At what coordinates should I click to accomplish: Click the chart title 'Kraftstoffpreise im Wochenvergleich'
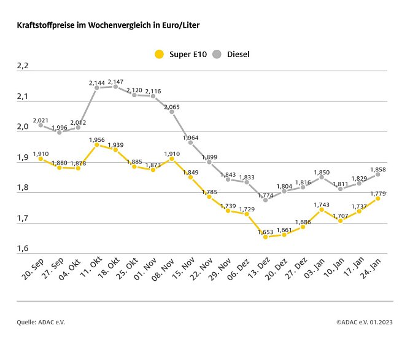point(108,26)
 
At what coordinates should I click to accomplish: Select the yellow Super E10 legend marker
point(159,54)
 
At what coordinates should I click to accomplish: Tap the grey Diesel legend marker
point(216,54)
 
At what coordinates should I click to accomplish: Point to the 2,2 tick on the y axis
point(23,66)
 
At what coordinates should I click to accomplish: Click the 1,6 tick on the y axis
point(23,248)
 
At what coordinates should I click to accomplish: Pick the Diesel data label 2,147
point(116,81)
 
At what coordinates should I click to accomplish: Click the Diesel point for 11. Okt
point(97,88)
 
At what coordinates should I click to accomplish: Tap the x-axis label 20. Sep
point(31,270)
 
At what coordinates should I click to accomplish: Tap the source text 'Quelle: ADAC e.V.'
point(40,322)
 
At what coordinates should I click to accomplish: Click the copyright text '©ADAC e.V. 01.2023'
point(365,322)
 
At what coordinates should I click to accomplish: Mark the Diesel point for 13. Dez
point(265,200)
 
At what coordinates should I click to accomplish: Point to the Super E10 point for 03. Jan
point(322,209)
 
